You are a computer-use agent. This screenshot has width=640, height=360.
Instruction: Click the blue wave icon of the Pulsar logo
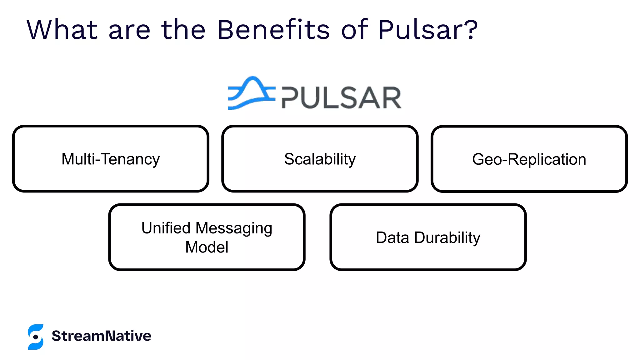[x=251, y=93]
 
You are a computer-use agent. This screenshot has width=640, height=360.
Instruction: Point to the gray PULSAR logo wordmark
[x=341, y=98]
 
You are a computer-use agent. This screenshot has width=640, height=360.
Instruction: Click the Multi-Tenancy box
[x=111, y=159]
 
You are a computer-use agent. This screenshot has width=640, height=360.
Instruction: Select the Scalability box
[x=320, y=159]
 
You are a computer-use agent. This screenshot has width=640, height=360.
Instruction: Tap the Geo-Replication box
[x=529, y=159]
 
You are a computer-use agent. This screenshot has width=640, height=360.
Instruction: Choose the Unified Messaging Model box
[x=207, y=237]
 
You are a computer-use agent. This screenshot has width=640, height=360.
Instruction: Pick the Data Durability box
[x=428, y=237]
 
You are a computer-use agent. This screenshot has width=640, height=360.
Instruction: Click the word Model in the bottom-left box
[x=207, y=247]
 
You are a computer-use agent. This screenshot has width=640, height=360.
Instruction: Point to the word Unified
[x=166, y=228]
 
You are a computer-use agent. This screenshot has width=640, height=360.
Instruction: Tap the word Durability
[x=447, y=238]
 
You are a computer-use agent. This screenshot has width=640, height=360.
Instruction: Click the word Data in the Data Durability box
[x=392, y=237]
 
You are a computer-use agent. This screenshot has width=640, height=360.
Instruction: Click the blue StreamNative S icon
[x=35, y=337]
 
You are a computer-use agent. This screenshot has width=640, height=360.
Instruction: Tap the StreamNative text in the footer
[x=102, y=336]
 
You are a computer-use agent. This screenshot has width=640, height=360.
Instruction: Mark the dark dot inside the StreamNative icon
[x=36, y=337]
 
